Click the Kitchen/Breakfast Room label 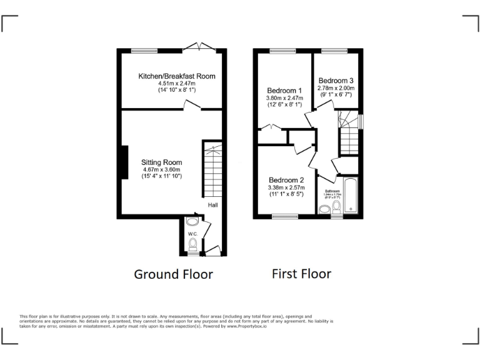pos(177,76)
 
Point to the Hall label pos(213,204)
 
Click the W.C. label pos(192,234)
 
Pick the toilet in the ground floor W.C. pos(193,243)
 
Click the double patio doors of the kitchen pos(199,46)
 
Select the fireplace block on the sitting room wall pos(125,164)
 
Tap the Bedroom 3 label pos(336,81)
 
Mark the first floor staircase pos(349,133)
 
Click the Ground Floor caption pos(173,274)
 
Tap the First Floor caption pos(301,274)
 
